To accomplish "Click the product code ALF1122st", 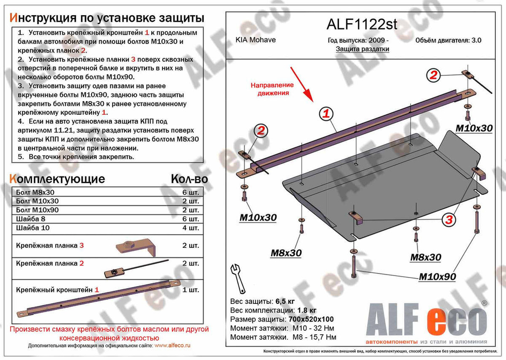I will (360, 25).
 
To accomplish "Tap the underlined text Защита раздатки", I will (362, 49).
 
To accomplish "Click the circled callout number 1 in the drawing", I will (327, 114).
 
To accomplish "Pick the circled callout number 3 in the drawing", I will (448, 219).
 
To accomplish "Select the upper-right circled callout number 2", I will (433, 76).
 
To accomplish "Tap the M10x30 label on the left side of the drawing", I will (258, 217).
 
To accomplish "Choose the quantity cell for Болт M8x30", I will (193, 193).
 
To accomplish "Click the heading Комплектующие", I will (57, 179).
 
